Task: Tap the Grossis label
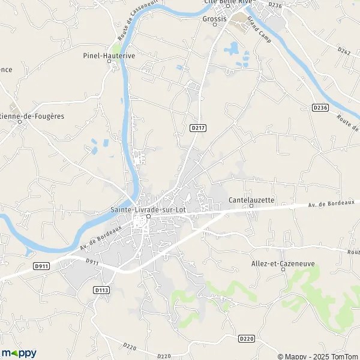pos(214,19)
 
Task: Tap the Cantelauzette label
pos(251,199)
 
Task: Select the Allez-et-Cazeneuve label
pos(283,264)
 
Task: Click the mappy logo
pos(19,353)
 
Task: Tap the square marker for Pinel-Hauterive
pos(110,62)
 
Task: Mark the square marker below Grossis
pos(214,25)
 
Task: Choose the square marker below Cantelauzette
pos(251,206)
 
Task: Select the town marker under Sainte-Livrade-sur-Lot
pos(148,217)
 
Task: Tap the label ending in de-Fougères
pos(30,116)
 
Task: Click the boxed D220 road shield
pos(246,339)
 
